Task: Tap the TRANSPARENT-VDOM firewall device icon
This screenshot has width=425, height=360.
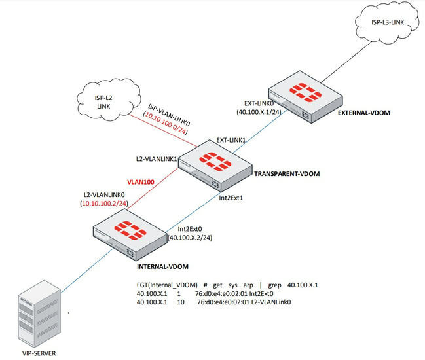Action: (212, 161)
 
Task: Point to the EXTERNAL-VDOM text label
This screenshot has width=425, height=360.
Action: (363, 113)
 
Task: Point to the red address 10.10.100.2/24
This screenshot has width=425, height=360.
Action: (105, 204)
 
